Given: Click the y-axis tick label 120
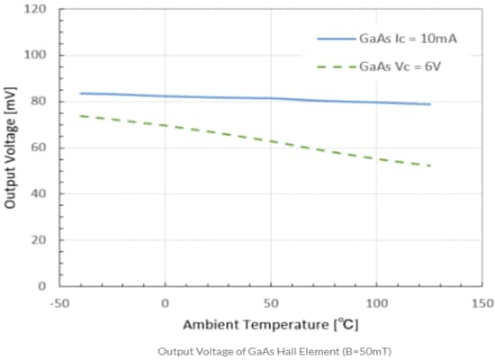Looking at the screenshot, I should click(37, 10).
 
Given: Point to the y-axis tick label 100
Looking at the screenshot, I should click(37, 56).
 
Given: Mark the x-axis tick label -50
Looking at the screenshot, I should click(58, 303).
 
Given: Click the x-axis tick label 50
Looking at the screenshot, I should click(271, 303).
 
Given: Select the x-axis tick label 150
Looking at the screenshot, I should click(481, 303).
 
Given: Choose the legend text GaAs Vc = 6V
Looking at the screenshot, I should click(398, 66).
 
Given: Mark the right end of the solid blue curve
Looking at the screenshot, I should click(430, 104).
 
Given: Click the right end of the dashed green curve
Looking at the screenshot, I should click(430, 166).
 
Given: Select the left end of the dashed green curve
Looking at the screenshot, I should click(81, 115).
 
